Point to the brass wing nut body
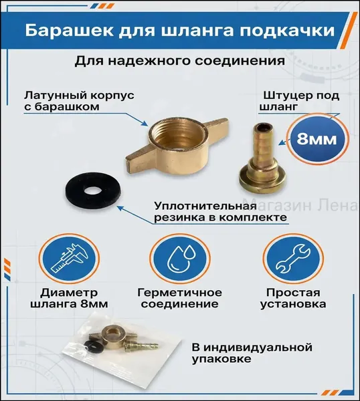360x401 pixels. coord(176,148)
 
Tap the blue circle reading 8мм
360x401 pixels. coord(317,139)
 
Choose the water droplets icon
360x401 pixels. coord(180,259)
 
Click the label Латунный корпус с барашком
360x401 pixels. coord(79,101)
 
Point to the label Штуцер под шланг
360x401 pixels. coord(299,101)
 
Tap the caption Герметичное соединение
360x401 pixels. coord(180,298)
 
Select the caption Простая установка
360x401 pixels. coord(293,298)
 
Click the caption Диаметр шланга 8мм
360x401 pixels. coord(69,298)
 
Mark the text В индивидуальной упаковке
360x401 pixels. coord(252,353)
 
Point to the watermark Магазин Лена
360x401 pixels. coord(300,205)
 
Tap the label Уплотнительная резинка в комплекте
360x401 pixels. coord(220,212)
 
